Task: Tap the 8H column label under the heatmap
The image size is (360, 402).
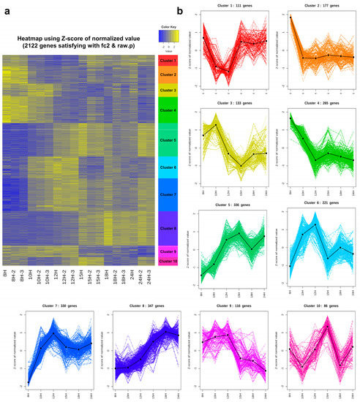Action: click(7, 276)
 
